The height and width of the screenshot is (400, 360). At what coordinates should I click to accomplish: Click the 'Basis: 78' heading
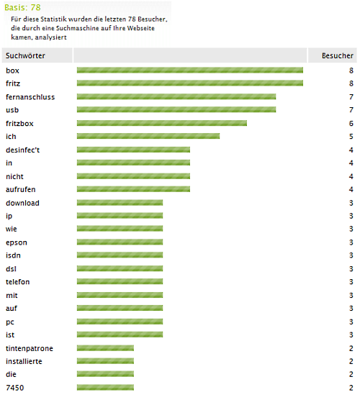[22, 7]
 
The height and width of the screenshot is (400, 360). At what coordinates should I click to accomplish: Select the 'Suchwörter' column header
[25, 55]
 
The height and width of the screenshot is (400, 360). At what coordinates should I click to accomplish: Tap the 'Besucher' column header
[337, 55]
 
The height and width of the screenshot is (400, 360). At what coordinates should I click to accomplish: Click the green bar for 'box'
[190, 71]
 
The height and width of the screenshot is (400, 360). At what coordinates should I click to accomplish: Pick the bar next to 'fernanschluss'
[176, 96]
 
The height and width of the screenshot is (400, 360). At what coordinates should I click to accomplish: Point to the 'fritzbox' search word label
[19, 124]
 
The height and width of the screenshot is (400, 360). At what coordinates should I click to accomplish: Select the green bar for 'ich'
[148, 136]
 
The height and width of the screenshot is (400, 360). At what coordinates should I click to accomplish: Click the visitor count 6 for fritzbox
[351, 124]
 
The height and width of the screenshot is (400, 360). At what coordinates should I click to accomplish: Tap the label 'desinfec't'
[23, 150]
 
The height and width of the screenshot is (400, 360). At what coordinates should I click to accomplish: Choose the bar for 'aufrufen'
[133, 189]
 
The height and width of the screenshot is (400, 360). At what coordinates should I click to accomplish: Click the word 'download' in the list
[22, 203]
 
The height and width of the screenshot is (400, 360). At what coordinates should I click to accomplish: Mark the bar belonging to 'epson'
[120, 242]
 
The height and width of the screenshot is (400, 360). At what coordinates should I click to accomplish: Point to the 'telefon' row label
[17, 282]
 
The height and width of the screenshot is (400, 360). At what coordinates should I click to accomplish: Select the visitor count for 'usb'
[351, 110]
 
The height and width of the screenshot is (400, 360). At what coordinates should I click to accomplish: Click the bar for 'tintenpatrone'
[105, 348]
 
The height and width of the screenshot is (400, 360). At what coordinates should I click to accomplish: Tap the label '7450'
[15, 388]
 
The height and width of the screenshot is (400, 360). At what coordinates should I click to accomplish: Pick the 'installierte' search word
[24, 361]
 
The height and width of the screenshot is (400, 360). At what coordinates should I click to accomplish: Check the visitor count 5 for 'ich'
[351, 137]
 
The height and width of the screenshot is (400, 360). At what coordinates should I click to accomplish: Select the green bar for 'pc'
[120, 322]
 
